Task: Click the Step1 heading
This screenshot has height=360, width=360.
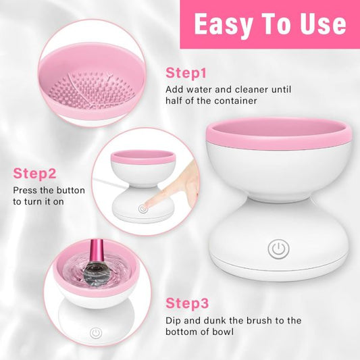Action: point(186,73)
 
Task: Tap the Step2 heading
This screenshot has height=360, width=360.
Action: point(34,174)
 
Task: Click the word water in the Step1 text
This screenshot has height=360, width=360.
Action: point(201,89)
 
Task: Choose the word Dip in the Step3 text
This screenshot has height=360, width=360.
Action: point(174,320)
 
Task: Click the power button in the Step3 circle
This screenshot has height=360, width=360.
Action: point(96,334)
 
